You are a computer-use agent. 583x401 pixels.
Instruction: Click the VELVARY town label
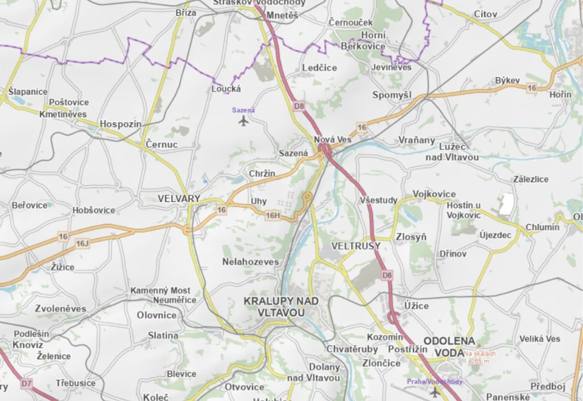(179, 198)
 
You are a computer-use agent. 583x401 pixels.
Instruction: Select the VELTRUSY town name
(356, 246)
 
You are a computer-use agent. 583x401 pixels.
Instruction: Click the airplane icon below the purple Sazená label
(244, 121)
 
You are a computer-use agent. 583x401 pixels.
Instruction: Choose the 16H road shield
(272, 216)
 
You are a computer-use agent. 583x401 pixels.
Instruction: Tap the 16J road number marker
(82, 244)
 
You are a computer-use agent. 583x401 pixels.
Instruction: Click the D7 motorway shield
(27, 384)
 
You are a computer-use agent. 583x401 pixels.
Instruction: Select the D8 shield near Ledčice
(300, 106)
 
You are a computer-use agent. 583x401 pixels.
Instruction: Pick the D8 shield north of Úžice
(386, 275)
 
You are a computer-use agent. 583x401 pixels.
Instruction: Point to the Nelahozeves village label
(250, 262)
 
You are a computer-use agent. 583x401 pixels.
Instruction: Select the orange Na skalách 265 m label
(480, 357)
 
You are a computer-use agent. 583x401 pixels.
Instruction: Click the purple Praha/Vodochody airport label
(434, 382)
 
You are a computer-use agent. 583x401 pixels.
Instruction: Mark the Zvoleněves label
(61, 309)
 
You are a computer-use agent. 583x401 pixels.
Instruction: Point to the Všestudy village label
(378, 200)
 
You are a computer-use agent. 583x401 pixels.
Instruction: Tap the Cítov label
(485, 15)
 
